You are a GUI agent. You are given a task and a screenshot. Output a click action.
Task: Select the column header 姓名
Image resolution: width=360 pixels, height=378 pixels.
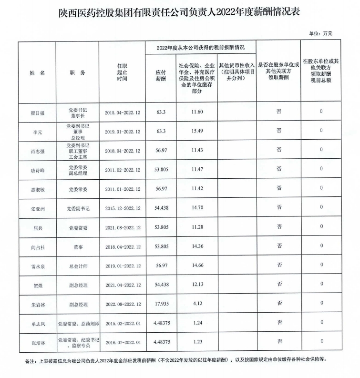[x=37, y=73]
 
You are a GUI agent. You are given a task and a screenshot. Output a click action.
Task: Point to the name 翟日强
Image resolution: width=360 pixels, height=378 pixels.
[x=37, y=112]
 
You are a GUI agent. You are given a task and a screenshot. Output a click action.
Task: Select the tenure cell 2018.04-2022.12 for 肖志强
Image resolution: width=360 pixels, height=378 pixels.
[x=122, y=151]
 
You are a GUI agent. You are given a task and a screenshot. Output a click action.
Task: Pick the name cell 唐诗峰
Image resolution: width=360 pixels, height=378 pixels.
[x=37, y=170]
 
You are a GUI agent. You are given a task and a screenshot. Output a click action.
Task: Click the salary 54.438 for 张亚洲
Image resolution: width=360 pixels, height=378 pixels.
[x=160, y=208]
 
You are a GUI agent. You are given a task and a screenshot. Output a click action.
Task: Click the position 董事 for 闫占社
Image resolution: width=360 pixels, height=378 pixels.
[x=77, y=246]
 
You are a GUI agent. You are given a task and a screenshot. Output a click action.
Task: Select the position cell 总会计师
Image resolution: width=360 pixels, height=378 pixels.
[x=77, y=266]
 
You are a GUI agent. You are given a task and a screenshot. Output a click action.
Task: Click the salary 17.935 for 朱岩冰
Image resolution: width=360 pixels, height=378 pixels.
[x=160, y=303]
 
